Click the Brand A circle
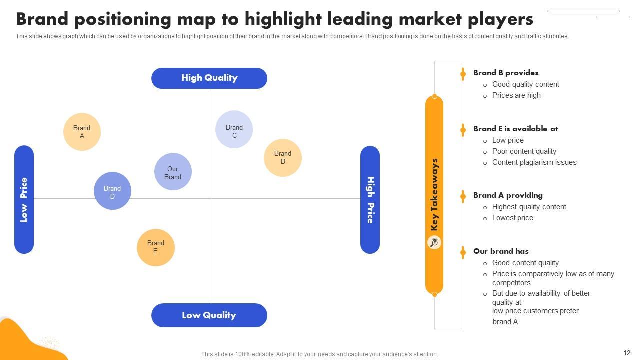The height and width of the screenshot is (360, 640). pyautogui.click(x=82, y=132)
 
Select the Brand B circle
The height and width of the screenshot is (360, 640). pyautogui.click(x=283, y=158)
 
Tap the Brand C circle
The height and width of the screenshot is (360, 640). pyautogui.click(x=234, y=129)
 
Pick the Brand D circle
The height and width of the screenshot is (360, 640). pyautogui.click(x=112, y=191)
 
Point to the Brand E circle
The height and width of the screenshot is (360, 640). pyautogui.click(x=156, y=247)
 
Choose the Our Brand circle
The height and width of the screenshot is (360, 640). pyautogui.click(x=173, y=172)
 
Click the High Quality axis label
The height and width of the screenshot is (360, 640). pyautogui.click(x=209, y=78)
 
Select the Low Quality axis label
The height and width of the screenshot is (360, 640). pyautogui.click(x=209, y=315)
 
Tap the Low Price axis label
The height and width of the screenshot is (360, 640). pyautogui.click(x=24, y=200)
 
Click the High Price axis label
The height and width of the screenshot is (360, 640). pyautogui.click(x=370, y=200)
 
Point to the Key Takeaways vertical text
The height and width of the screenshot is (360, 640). pyautogui.click(x=434, y=195)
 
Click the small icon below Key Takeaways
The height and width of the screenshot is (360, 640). pyautogui.click(x=434, y=243)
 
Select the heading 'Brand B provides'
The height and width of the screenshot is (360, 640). pyautogui.click(x=506, y=73)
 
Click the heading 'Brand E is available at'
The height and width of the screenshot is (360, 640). pyautogui.click(x=515, y=129)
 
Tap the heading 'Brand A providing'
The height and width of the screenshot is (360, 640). pyautogui.click(x=508, y=195)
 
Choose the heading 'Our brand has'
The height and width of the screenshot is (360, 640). pyautogui.click(x=501, y=251)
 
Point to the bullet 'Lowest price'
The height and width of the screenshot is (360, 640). pyautogui.click(x=512, y=218)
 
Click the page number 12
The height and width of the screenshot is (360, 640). pyautogui.click(x=627, y=353)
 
